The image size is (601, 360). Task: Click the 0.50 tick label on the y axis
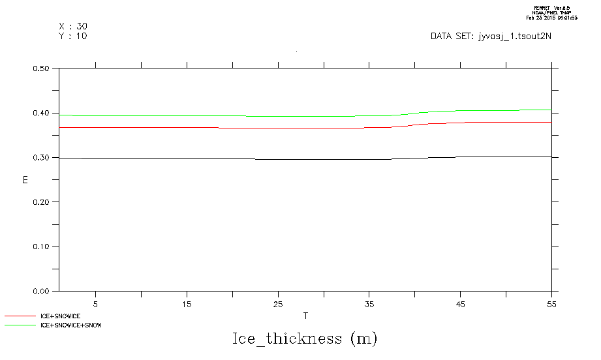click(x=42, y=68)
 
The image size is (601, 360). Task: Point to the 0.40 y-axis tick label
click(x=42, y=113)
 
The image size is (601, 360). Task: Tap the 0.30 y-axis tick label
click(x=42, y=158)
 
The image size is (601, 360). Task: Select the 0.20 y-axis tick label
click(x=42, y=202)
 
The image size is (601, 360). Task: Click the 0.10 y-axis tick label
click(x=42, y=247)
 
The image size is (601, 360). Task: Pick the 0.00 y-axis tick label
click(x=42, y=292)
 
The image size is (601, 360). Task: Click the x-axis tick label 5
click(x=96, y=303)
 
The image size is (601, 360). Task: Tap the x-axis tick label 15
click(x=187, y=303)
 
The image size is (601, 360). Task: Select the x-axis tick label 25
click(x=278, y=303)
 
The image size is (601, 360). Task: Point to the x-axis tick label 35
click(x=369, y=303)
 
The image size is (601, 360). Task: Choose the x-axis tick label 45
click(x=460, y=303)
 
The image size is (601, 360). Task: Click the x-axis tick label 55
click(x=551, y=303)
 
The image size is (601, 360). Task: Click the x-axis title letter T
click(x=305, y=316)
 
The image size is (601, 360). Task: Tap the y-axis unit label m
click(x=25, y=179)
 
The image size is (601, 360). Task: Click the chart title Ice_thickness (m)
click(x=305, y=339)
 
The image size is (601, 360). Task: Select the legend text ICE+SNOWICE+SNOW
click(x=71, y=324)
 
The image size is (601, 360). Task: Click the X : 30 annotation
click(x=73, y=26)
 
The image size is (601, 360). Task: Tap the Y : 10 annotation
click(x=73, y=36)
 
